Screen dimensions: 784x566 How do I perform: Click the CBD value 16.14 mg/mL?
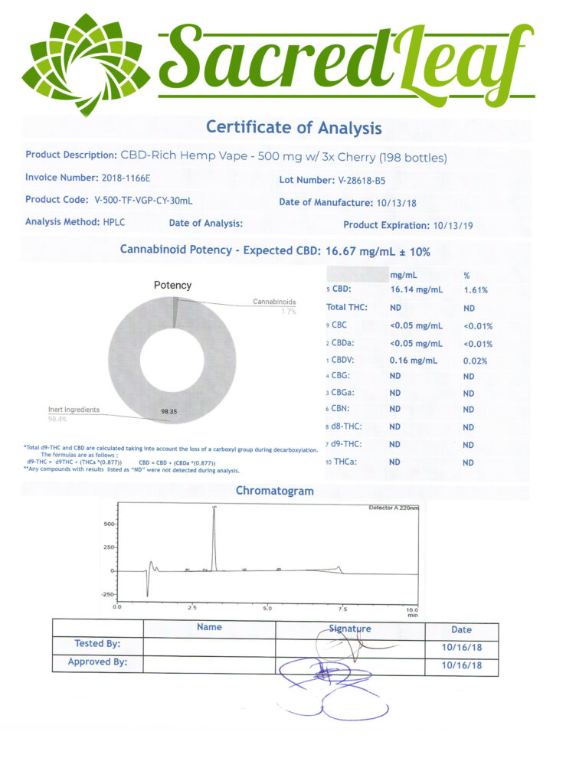click(416, 290)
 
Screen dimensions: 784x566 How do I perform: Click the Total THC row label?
click(347, 308)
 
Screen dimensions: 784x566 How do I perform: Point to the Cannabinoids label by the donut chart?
click(274, 302)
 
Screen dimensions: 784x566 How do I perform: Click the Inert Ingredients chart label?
click(74, 410)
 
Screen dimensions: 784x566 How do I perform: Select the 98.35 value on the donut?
click(169, 412)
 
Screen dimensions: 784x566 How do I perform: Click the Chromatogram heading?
click(274, 491)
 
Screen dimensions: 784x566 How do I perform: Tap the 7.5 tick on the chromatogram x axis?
click(342, 608)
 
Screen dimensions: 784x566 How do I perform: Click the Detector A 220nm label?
click(394, 508)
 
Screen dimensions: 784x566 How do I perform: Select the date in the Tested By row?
click(461, 648)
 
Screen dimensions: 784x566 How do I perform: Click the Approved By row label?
click(97, 661)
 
